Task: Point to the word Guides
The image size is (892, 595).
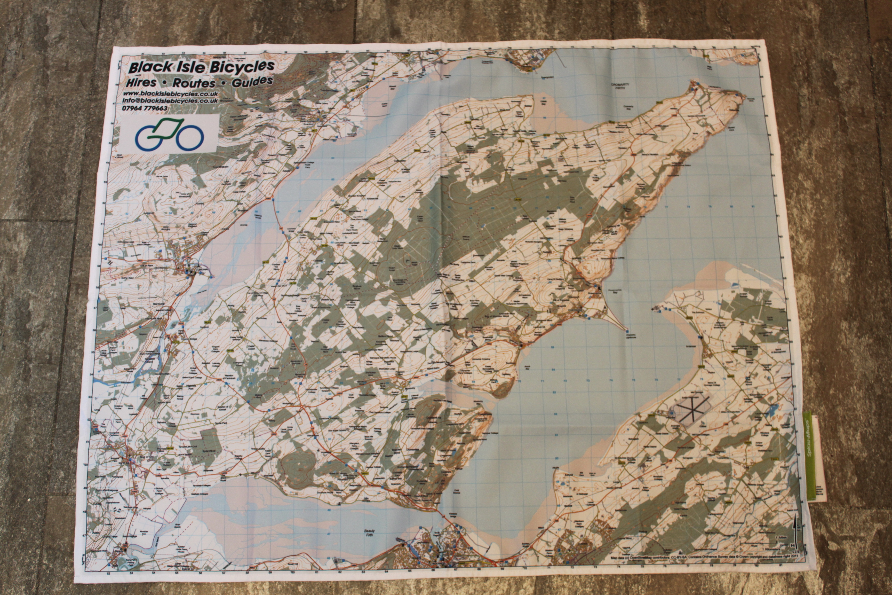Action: pyautogui.click(x=252, y=81)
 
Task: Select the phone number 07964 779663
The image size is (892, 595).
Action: pyautogui.click(x=145, y=108)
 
